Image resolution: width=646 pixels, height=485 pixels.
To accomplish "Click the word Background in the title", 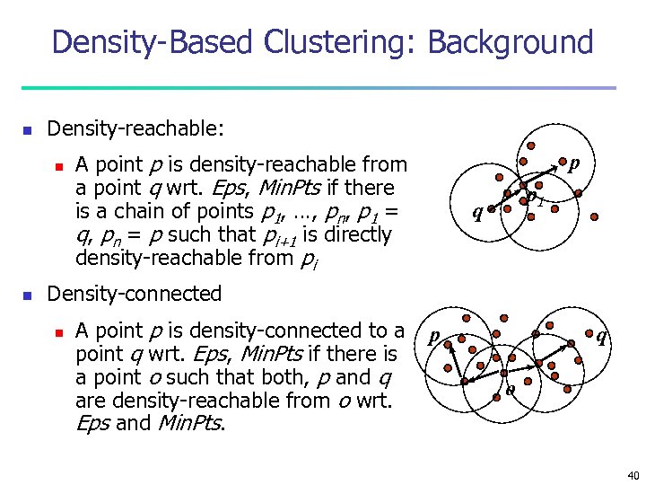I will click(x=511, y=43).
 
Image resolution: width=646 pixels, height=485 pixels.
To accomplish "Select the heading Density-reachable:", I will click(x=135, y=129).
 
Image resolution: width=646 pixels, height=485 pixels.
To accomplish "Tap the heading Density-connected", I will click(x=134, y=294).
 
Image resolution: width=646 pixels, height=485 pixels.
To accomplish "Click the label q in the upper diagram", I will click(x=477, y=214).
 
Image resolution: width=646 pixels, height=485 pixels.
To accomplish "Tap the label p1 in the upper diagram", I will click(x=535, y=197).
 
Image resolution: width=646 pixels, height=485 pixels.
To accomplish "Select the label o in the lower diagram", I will click(x=510, y=390).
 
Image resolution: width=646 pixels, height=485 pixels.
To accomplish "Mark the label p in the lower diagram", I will click(x=432, y=337).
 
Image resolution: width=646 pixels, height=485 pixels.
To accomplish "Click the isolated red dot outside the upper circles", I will click(x=594, y=216).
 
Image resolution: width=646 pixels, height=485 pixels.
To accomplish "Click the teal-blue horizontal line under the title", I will click(x=319, y=88).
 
